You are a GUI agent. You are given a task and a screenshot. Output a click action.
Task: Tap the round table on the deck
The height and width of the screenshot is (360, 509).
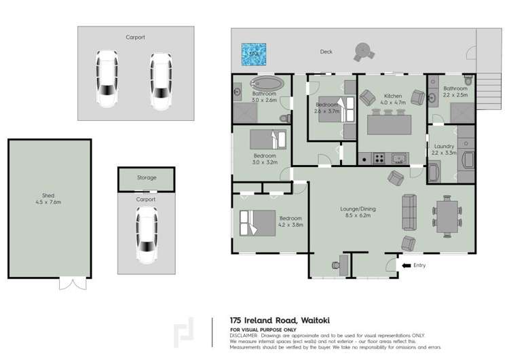pyautogui.click(x=362, y=51)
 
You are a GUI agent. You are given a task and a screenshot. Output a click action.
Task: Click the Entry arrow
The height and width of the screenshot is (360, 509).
pyautogui.click(x=407, y=265)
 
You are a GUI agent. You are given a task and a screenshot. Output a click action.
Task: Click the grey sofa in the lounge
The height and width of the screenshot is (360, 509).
pyautogui.click(x=409, y=212)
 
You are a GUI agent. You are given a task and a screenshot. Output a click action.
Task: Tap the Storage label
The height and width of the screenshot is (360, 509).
pyautogui.click(x=146, y=178)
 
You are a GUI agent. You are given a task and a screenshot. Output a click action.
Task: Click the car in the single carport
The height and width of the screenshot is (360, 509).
pyautogui.click(x=146, y=234)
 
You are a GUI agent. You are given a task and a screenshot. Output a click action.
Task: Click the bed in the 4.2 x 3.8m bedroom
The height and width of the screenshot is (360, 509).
pyautogui.click(x=257, y=222)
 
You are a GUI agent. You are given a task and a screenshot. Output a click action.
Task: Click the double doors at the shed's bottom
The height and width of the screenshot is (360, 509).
pyautogui.click(x=72, y=283)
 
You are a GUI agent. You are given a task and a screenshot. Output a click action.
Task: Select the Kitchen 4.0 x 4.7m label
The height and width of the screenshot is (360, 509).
pyautogui.click(x=393, y=100)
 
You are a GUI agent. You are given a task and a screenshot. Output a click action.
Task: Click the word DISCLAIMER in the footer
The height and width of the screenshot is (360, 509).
pyautogui.click(x=244, y=336)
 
